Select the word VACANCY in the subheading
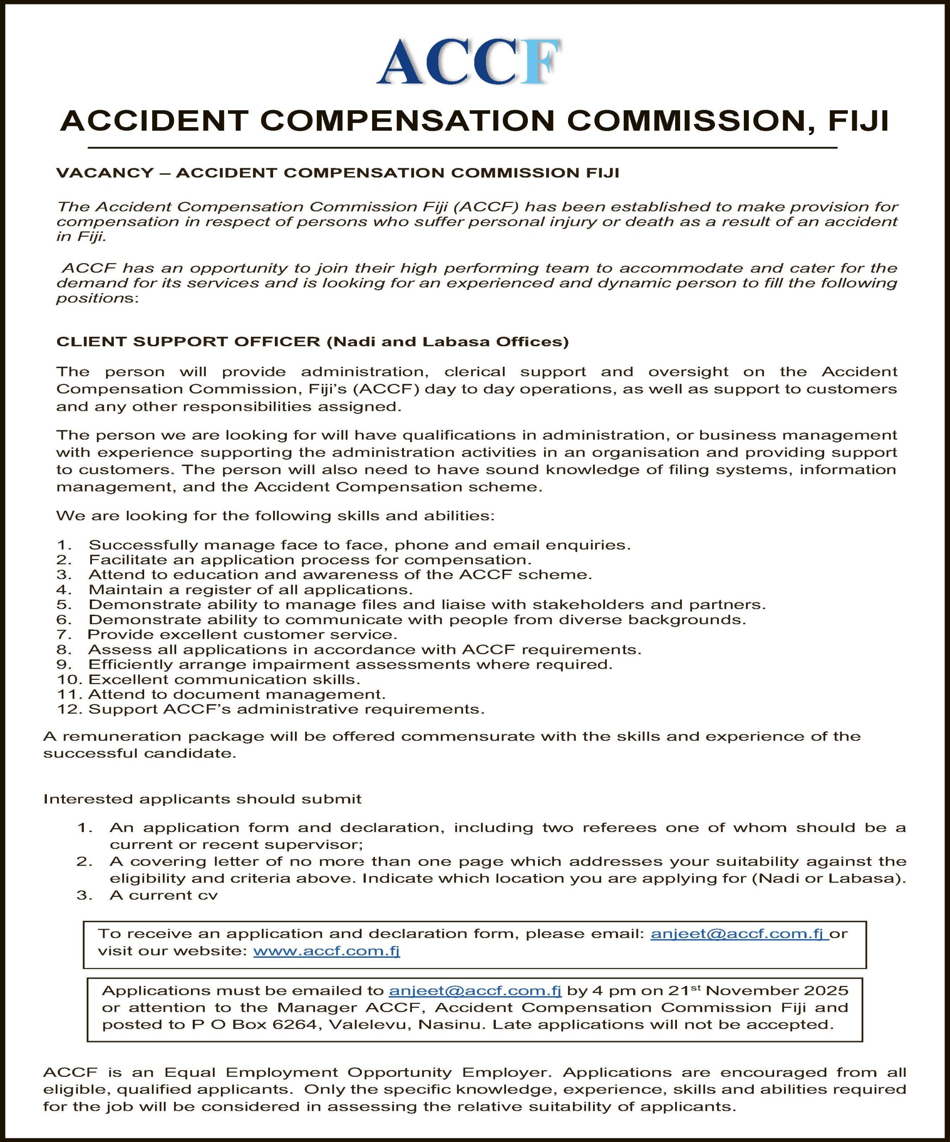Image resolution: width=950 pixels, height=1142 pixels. tap(105, 173)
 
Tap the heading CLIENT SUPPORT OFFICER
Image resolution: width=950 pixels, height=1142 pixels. tap(188, 342)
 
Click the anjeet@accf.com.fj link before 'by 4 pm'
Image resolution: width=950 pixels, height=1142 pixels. tap(475, 990)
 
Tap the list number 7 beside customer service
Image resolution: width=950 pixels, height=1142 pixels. tap(63, 635)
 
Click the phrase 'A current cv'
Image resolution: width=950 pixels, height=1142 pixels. tap(163, 896)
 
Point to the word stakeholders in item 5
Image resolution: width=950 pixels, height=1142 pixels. tap(588, 605)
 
